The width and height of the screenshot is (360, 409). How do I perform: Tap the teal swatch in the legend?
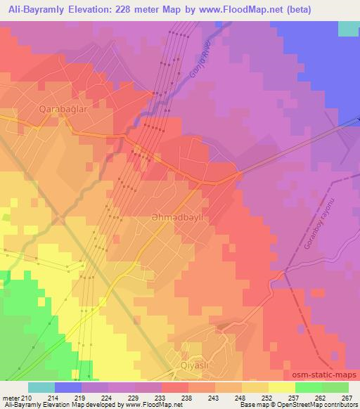point(41,387)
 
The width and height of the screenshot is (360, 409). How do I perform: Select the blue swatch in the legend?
point(67,387)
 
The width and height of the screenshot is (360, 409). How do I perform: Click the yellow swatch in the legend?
point(281,387)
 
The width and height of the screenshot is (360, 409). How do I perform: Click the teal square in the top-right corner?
point(348,28)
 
